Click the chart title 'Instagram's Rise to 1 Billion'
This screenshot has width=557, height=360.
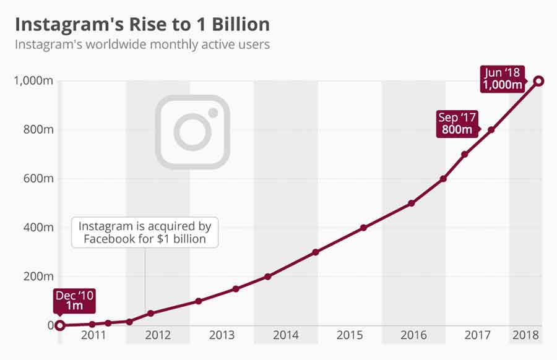pyautogui.click(x=142, y=24)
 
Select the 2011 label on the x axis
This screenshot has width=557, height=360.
pyautogui.click(x=93, y=335)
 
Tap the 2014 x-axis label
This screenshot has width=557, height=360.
pyautogui.click(x=285, y=335)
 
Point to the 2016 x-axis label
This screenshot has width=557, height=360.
pyautogui.click(x=413, y=335)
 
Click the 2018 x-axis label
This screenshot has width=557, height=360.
pyautogui.click(x=525, y=335)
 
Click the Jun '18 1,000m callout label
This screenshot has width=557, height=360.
pyautogui.click(x=503, y=79)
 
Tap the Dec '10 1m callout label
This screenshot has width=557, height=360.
pyautogui.click(x=74, y=301)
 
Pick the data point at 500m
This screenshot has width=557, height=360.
pyautogui.click(x=412, y=203)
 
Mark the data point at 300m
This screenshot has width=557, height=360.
pyautogui.click(x=316, y=252)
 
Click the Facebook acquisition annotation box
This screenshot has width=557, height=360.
pyautogui.click(x=145, y=233)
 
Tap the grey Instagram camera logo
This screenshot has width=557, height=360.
pyautogui.click(x=192, y=131)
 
